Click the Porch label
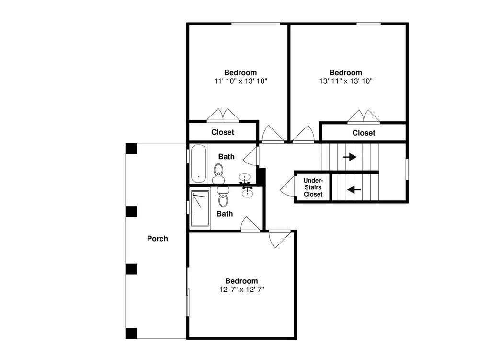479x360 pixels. click(157, 239)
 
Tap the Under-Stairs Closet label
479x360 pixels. click(313, 187)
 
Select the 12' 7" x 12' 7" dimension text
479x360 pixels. click(241, 290)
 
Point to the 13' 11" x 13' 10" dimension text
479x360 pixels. click(346, 81)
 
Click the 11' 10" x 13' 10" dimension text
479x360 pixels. click(241, 81)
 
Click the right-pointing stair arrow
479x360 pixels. click(350, 157)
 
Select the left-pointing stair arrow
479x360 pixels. click(354, 190)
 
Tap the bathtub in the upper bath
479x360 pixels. click(199, 163)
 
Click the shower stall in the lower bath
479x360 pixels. click(200, 209)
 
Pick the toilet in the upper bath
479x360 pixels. click(218, 173)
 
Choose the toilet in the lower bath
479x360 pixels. click(223, 197)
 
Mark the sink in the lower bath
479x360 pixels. click(247, 192)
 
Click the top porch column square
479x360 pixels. click(132, 149)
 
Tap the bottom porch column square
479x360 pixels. click(132, 333)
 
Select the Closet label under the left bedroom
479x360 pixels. click(223, 132)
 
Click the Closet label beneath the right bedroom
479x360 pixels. click(364, 133)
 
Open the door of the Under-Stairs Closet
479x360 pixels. click(287, 187)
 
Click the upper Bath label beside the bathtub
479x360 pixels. click(227, 157)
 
